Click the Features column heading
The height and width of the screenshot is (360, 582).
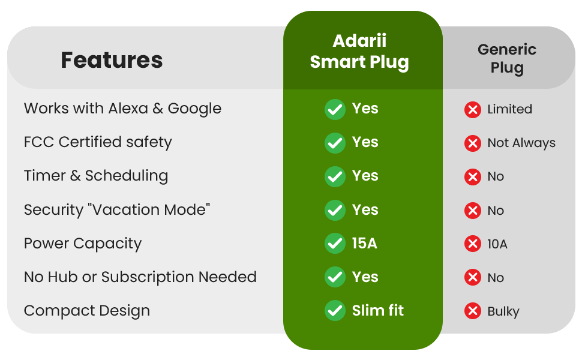(x=112, y=60)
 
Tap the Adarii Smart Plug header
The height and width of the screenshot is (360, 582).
(x=359, y=52)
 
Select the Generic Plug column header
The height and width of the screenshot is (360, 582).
(x=507, y=58)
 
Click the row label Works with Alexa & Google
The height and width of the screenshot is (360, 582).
(x=122, y=109)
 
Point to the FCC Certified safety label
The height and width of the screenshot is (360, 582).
(x=98, y=142)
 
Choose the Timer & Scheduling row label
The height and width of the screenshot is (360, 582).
(x=96, y=176)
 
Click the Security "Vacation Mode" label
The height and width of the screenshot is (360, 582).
(x=117, y=210)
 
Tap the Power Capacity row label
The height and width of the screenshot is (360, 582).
(x=83, y=244)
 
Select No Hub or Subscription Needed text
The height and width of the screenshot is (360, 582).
(x=140, y=277)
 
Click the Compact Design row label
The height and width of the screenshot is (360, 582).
(x=87, y=311)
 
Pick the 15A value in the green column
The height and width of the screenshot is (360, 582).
(x=364, y=244)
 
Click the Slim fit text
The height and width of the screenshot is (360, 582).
(x=377, y=311)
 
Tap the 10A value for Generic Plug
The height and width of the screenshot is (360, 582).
(x=497, y=244)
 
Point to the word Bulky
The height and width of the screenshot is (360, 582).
(x=503, y=311)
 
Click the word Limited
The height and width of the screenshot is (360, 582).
(x=509, y=109)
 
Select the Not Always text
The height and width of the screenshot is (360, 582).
(x=521, y=143)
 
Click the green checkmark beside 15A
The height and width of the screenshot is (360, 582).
(x=335, y=244)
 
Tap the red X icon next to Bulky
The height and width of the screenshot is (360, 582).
(x=473, y=311)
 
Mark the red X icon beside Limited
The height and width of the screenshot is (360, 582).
(x=473, y=109)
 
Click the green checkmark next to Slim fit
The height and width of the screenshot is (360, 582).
(x=335, y=311)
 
